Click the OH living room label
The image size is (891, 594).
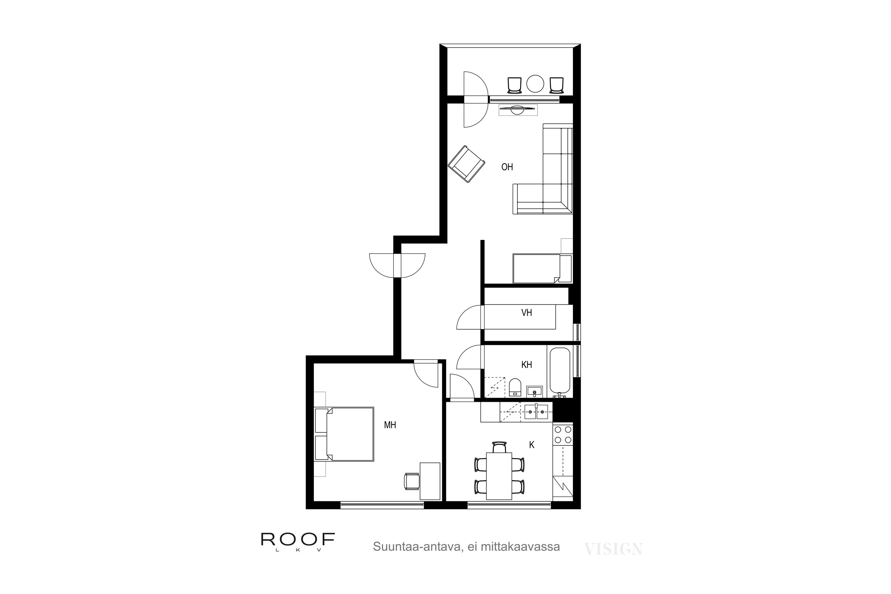507,167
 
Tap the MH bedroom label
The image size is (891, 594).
390,425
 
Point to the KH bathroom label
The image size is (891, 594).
527,364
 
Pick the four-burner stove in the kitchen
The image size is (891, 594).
563,435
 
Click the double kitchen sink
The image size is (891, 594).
536,412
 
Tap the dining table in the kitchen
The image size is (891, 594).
499,476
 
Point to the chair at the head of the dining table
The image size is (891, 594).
499,447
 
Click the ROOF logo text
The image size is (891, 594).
298,539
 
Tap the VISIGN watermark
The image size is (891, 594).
613,549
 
